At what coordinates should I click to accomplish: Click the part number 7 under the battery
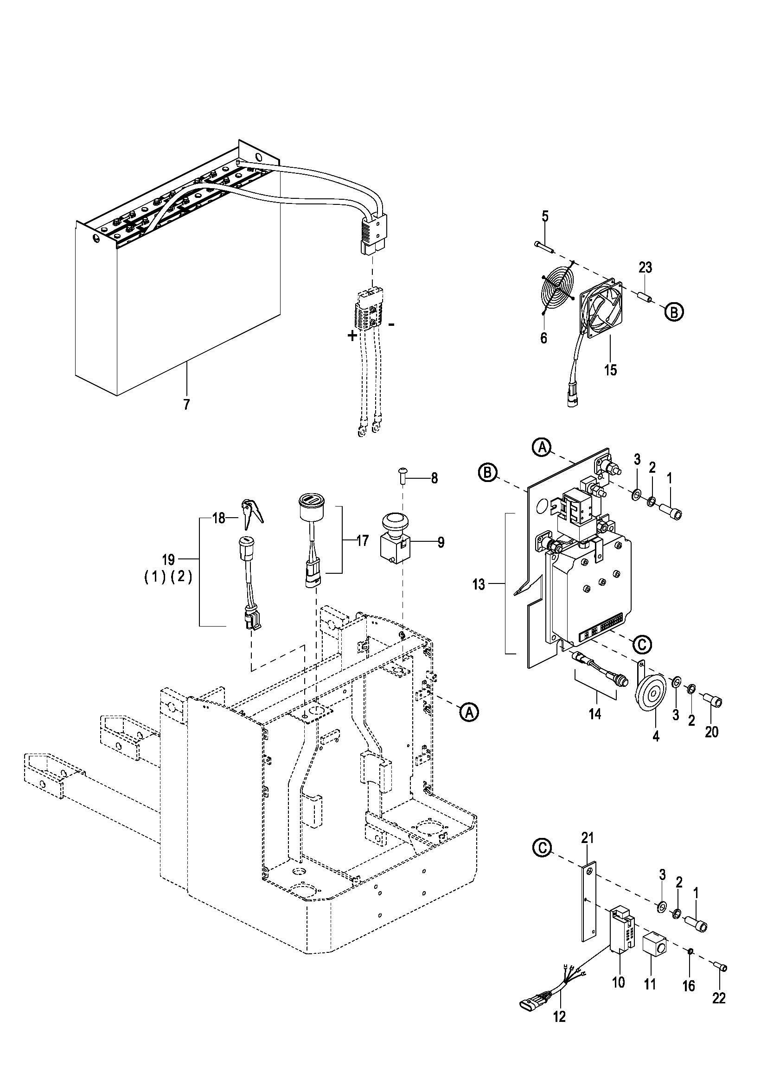click(x=186, y=405)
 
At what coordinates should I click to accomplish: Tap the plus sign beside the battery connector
click(x=352, y=336)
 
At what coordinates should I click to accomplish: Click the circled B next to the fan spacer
click(x=674, y=312)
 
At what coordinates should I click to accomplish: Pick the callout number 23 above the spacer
click(x=645, y=268)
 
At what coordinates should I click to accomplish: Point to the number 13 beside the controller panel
click(x=479, y=584)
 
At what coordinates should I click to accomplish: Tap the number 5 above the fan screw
click(x=545, y=217)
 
